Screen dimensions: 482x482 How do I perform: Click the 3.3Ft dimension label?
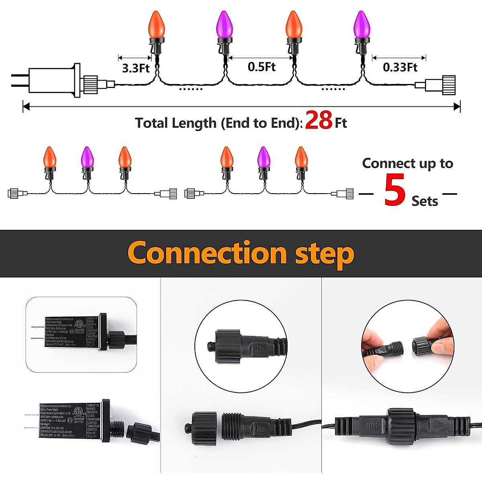pos(135,68)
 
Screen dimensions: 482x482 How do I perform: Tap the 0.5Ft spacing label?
pos(261,67)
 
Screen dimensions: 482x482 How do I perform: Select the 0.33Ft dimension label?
pos(400,67)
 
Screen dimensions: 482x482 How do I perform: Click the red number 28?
pos(319,120)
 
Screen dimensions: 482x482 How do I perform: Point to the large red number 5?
pos(394,190)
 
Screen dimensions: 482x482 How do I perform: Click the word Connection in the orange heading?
pos(207,253)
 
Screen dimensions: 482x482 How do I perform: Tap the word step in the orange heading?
pos(325,254)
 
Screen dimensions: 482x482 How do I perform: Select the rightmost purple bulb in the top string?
pos(361,25)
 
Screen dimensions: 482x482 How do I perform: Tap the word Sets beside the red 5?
pos(425,201)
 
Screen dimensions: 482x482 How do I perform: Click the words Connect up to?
pos(407,163)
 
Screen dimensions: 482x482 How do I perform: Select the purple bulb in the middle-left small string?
pos(87,157)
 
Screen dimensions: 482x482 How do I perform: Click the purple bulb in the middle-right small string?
pos(263,157)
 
